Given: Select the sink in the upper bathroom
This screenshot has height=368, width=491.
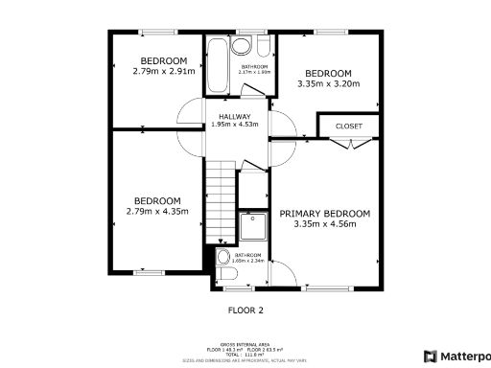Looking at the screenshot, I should point(241,45).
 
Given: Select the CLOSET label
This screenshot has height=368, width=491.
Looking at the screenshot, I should point(347,126).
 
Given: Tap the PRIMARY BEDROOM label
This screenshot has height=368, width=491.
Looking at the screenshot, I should point(324,213).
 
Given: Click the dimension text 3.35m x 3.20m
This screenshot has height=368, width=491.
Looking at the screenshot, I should point(329,84).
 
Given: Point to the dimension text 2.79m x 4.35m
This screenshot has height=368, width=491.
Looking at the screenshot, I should point(157,212).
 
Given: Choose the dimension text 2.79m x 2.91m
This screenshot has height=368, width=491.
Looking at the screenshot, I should point(163,71).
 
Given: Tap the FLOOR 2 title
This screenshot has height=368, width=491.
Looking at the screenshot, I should point(245,310).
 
